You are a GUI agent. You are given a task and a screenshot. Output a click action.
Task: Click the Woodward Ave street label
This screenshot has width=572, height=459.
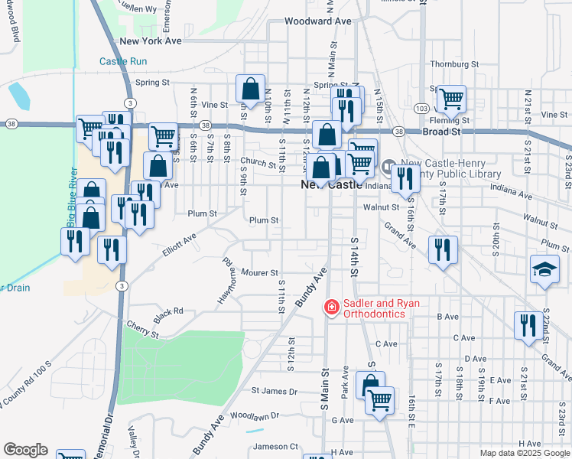pyautogui.click(x=317, y=21)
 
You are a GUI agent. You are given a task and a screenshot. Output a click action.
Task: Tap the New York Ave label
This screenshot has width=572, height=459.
pyautogui.click(x=151, y=41)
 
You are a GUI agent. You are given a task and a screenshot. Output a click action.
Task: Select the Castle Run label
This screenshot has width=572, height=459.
pyautogui.click(x=123, y=61)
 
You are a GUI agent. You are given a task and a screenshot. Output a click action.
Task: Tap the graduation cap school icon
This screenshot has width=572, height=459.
pyautogui.click(x=544, y=269)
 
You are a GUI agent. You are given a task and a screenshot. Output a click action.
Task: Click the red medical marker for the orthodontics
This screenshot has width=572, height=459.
pyautogui.click(x=332, y=308)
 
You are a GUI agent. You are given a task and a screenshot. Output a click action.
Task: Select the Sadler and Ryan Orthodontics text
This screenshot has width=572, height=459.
pyautogui.click(x=382, y=309)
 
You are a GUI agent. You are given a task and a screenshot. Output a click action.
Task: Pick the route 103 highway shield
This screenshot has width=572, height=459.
pyautogui.click(x=421, y=109)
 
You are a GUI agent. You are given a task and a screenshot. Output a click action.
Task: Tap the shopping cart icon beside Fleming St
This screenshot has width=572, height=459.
pyautogui.click(x=451, y=97)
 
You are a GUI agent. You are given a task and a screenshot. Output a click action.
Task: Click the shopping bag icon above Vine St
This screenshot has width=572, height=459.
pyautogui.click(x=250, y=88)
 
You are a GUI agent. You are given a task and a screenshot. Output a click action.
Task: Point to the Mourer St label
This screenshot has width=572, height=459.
pyautogui.click(x=258, y=272)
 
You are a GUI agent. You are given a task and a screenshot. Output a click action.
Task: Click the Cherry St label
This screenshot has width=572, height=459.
pyautogui.click(x=143, y=330)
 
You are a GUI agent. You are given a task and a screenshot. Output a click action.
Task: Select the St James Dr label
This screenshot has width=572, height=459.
pyautogui.click(x=274, y=391)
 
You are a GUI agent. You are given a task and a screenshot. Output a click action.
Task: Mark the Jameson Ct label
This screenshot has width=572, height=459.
pyautogui.click(x=275, y=446)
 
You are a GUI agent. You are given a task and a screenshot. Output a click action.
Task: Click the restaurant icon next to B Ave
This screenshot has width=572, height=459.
pyautogui.click(x=527, y=327)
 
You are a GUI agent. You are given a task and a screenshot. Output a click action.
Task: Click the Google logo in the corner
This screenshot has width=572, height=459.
pyautogui.click(x=25, y=450)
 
